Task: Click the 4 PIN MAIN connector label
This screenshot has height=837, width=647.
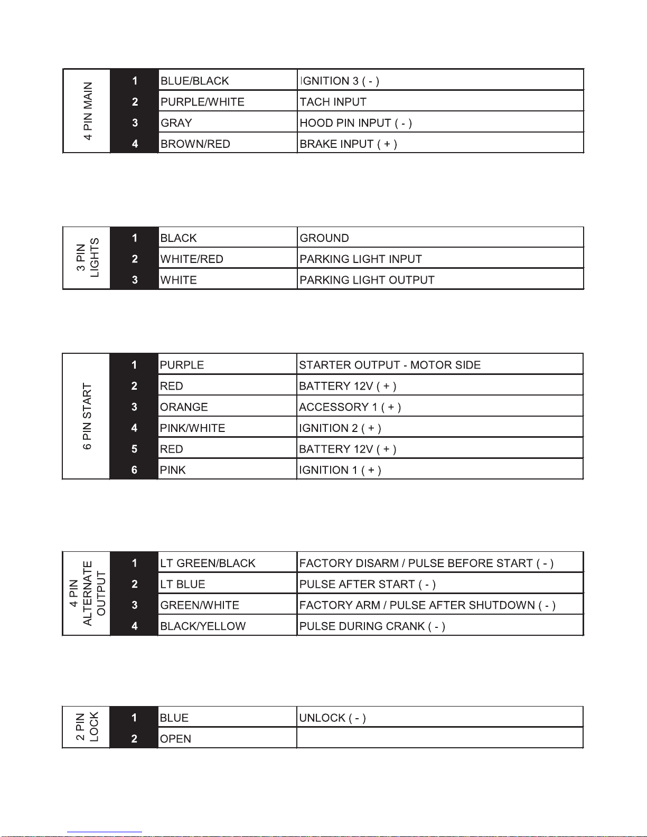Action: [x=87, y=111]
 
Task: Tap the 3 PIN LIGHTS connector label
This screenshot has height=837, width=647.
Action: [x=87, y=258]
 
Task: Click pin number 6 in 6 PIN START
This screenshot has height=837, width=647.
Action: [x=134, y=470]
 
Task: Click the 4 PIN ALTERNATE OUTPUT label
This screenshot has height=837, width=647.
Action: [x=87, y=594]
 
